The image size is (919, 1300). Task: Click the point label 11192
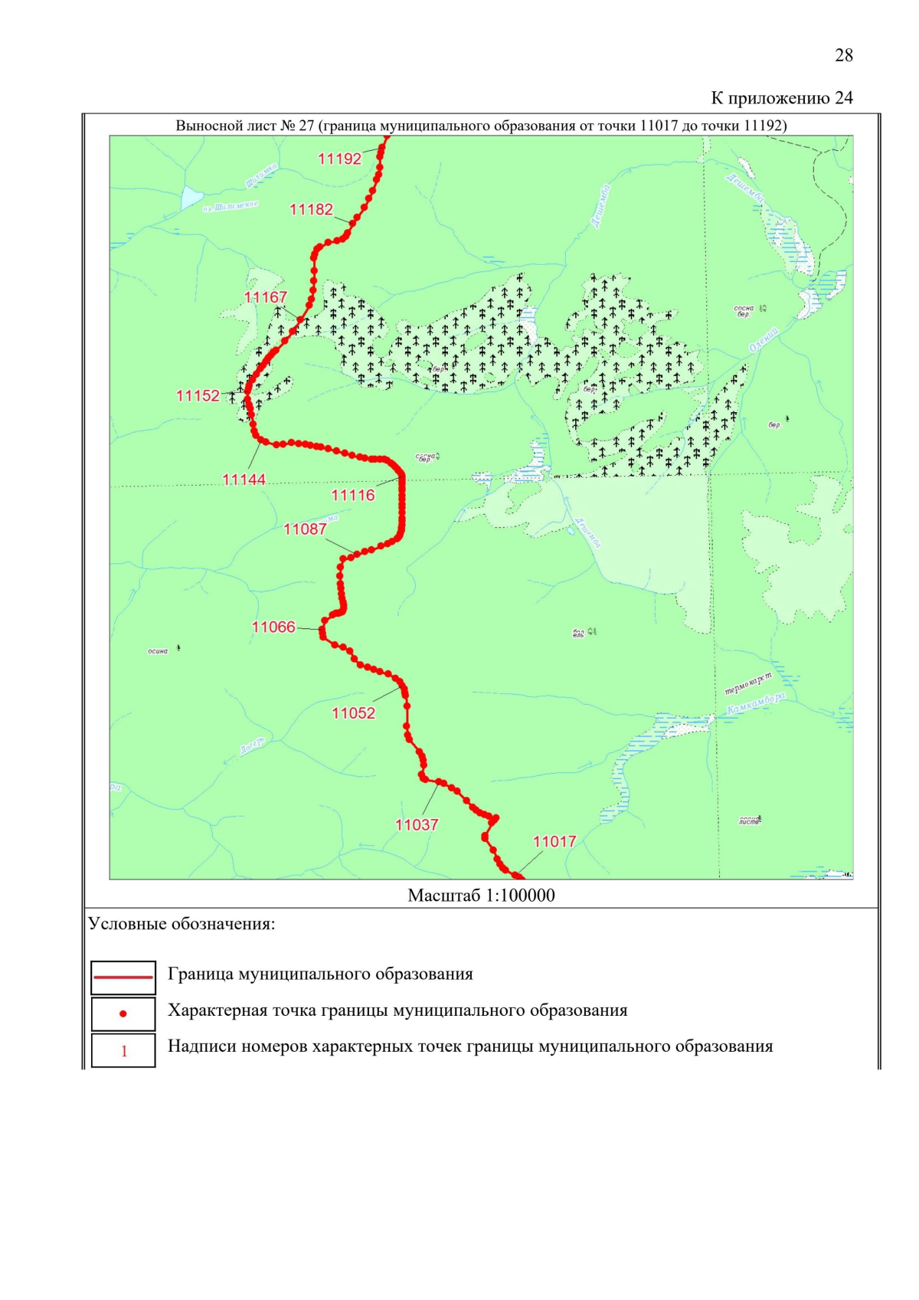(x=339, y=159)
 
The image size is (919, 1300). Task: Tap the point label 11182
(x=311, y=209)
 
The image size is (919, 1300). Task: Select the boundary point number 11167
(x=266, y=297)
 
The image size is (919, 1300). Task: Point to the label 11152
(x=198, y=396)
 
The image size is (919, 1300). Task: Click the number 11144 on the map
(x=244, y=480)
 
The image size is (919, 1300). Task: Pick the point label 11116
(x=353, y=496)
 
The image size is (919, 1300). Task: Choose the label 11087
(x=305, y=529)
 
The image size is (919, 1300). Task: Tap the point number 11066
(x=273, y=627)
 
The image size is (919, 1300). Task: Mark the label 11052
(x=353, y=714)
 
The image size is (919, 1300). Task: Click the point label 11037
(x=417, y=825)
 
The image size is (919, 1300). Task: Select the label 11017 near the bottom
(x=554, y=842)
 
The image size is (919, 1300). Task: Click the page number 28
(x=844, y=55)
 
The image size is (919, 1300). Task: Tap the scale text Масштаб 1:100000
(x=481, y=896)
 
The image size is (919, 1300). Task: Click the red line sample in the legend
(x=123, y=977)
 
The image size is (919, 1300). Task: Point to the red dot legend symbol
(x=123, y=1013)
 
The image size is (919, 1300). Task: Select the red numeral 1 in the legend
(x=124, y=1051)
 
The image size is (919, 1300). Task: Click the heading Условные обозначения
(x=182, y=924)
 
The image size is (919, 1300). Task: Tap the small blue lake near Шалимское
(x=191, y=198)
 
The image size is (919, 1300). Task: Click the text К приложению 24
(x=781, y=98)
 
